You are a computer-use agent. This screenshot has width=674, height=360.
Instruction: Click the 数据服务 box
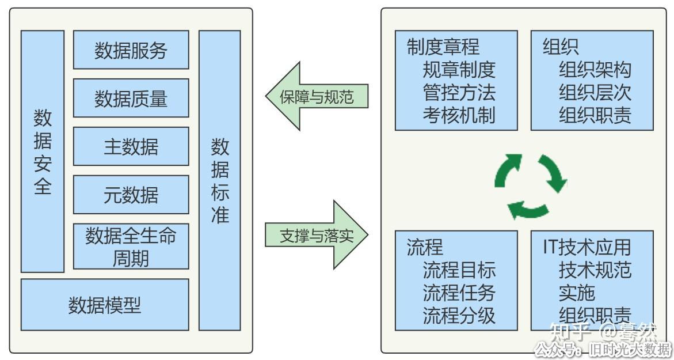pyautogui.click(x=131, y=50)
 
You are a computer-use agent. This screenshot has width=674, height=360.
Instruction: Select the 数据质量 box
pyautogui.click(x=131, y=98)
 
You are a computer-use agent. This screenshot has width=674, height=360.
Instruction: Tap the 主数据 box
pyautogui.click(x=131, y=146)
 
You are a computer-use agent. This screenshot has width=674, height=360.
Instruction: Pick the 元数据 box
pyautogui.click(x=131, y=195)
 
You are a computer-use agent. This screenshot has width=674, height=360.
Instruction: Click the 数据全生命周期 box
pyautogui.click(x=131, y=246)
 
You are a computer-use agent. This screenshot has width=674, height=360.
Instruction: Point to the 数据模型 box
pyautogui.click(x=105, y=305)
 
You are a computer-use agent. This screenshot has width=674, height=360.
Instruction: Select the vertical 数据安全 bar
pyautogui.click(x=43, y=151)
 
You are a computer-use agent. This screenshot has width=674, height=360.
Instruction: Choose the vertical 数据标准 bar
pyautogui.click(x=220, y=180)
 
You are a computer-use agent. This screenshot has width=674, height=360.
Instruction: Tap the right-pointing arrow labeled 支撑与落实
pyautogui.click(x=317, y=235)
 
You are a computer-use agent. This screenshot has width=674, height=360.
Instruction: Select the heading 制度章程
pyautogui.click(x=443, y=47)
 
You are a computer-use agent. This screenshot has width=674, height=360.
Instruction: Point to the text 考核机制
pyautogui.click(x=459, y=115)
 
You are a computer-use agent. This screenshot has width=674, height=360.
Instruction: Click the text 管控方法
pyautogui.click(x=459, y=92)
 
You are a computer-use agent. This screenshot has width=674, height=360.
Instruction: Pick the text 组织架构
pyautogui.click(x=595, y=70)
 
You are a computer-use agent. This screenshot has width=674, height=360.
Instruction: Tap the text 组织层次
pyautogui.click(x=595, y=92)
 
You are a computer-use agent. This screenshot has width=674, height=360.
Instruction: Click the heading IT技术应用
pyautogui.click(x=587, y=247)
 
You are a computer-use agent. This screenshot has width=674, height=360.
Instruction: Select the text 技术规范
pyautogui.click(x=595, y=270)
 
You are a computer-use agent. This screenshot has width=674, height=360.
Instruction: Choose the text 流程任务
pyautogui.click(x=459, y=293)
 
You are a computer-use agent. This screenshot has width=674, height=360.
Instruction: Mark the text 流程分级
pyautogui.click(x=459, y=315)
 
